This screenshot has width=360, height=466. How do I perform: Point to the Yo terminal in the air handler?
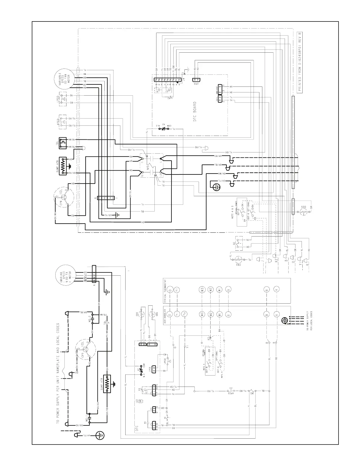coord(185,313)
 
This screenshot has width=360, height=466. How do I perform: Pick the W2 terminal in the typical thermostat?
coord(211,289)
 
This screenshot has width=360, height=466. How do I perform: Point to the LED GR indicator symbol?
coord(141,402)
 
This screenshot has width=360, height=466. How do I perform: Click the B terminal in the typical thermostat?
coord(267,289)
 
